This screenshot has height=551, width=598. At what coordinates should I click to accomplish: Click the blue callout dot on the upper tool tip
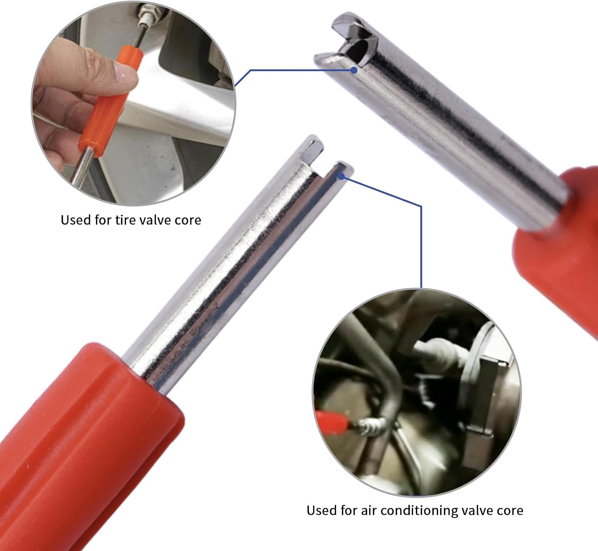pyautogui.click(x=354, y=70)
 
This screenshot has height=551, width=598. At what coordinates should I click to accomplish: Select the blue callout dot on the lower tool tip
pyautogui.click(x=342, y=176)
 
